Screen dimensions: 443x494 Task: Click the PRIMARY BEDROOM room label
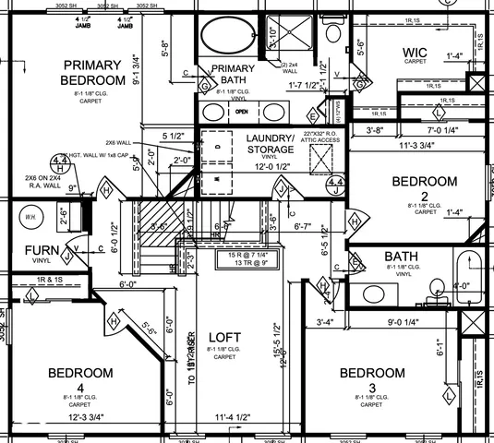[92, 73]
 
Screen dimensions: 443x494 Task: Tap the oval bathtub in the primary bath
[227, 40]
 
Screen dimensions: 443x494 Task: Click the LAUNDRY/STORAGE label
[270, 144]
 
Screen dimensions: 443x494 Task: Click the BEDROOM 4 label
[80, 379]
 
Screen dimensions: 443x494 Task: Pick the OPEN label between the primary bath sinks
[242, 112]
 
